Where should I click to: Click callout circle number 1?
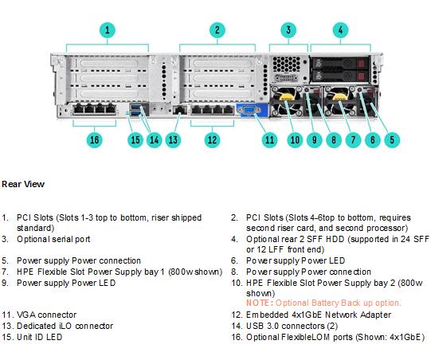tap(108, 30)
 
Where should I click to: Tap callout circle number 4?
tap(340, 30)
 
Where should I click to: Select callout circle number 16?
tap(94, 140)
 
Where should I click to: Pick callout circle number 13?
tap(173, 140)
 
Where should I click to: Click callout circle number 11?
tap(269, 140)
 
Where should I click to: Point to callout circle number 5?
tap(392, 140)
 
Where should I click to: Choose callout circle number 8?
tap(334, 140)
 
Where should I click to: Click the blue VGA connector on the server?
tap(249, 110)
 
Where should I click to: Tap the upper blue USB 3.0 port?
tap(135, 107)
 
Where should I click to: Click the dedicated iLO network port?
tap(179, 110)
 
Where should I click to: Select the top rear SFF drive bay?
tap(339, 63)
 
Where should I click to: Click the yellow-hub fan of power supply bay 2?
tap(285, 101)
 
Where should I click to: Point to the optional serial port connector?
tap(286, 78)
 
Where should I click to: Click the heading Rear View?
tap(23, 184)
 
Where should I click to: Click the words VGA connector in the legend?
tap(47, 315)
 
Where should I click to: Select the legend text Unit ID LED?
tap(40, 337)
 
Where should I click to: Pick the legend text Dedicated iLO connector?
tap(65, 326)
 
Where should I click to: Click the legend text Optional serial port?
tap(53, 240)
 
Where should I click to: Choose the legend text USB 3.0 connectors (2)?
tap(292, 326)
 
